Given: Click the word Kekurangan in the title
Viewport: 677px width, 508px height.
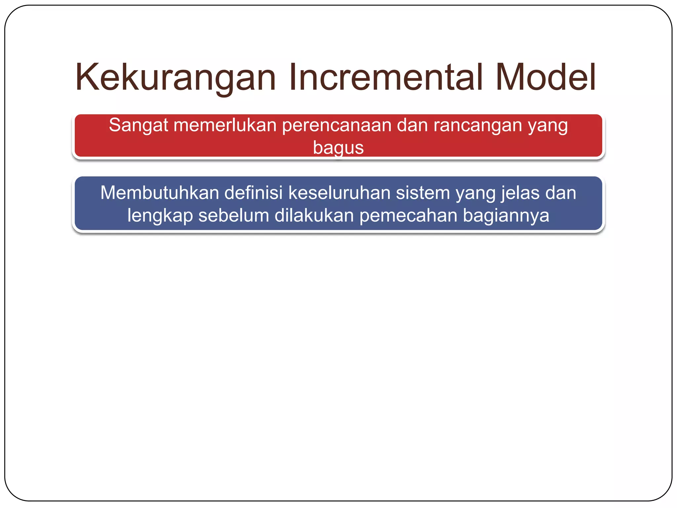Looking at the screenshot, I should click(175, 78).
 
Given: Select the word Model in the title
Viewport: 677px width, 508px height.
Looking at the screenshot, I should click(545, 78).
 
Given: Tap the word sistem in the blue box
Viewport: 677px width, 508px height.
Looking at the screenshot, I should click(423, 193).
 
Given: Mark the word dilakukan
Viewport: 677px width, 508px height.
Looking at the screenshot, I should click(314, 215).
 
